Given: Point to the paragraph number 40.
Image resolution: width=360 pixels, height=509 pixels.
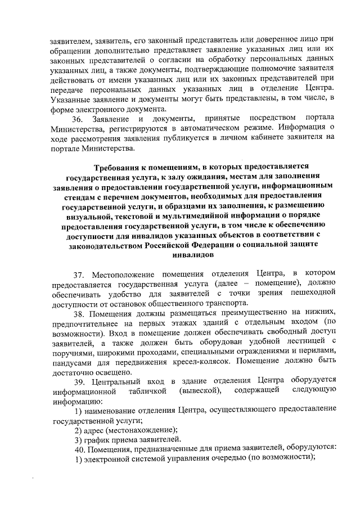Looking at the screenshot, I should [x=81, y=449].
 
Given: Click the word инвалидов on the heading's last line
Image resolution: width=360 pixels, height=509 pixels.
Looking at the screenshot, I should [x=191, y=254].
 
